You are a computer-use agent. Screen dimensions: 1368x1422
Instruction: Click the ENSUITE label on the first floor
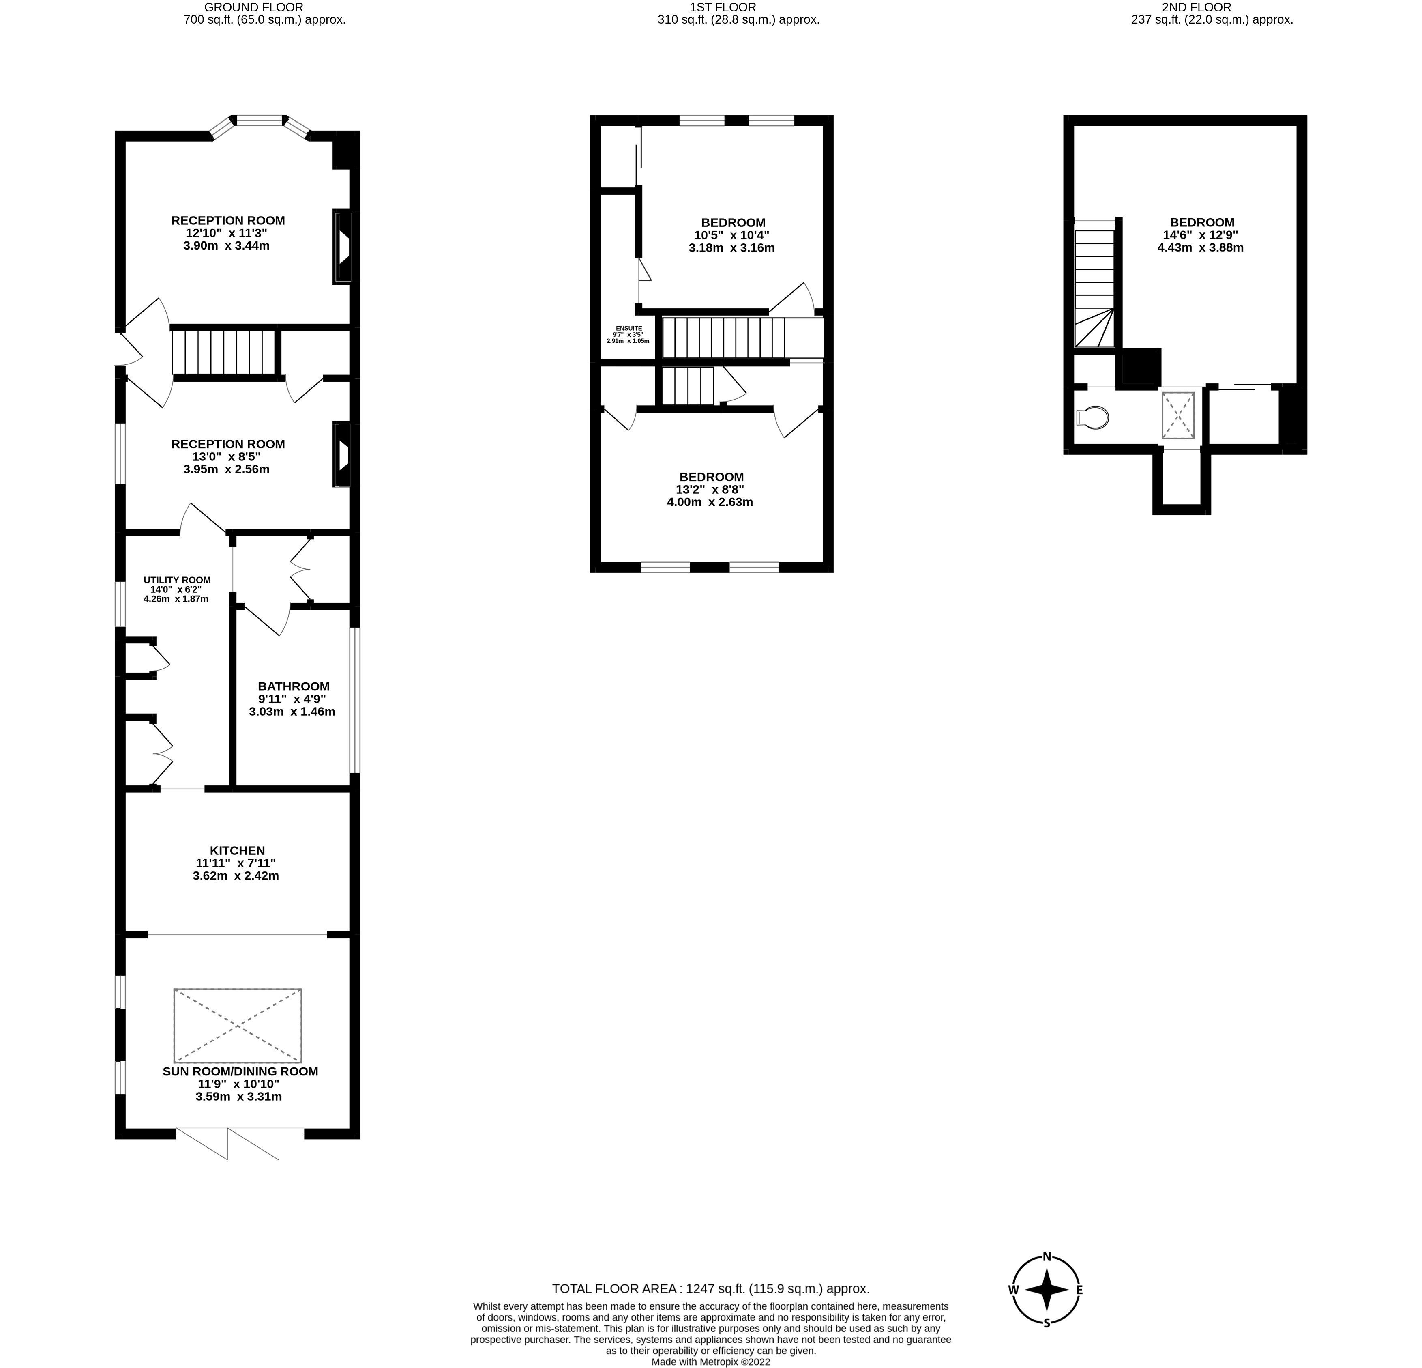pos(628,328)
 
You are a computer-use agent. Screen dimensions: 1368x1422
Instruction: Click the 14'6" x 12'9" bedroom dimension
pos(1201,235)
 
